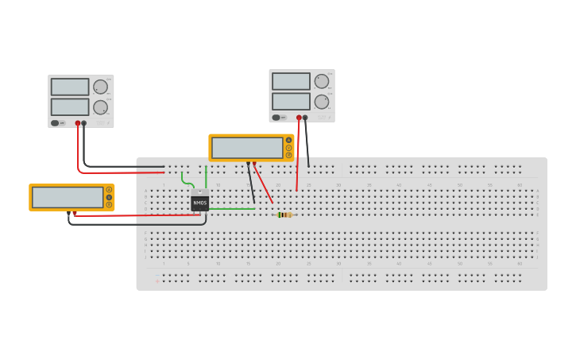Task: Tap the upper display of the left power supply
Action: (70, 87)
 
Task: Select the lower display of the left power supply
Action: (70, 106)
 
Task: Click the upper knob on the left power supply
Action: (100, 87)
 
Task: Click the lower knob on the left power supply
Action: (100, 107)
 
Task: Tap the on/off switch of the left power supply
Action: (56, 123)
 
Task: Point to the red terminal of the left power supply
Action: (78, 123)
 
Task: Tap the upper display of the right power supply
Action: (291, 81)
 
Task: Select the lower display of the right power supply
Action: (291, 101)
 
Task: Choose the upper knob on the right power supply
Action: (321, 81)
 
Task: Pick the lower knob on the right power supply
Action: (321, 102)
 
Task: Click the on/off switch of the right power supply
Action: (276, 118)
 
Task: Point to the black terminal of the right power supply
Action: (305, 118)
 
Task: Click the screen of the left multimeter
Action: (68, 197)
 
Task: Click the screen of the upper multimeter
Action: (247, 148)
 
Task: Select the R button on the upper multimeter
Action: (288, 155)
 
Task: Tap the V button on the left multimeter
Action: (109, 197)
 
